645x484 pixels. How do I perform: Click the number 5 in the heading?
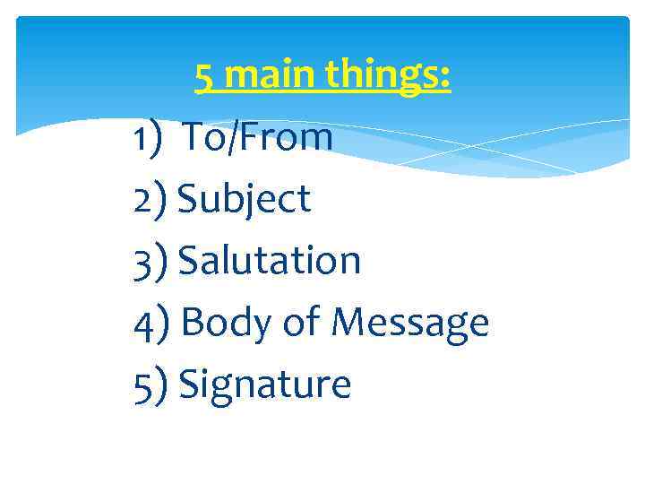204,77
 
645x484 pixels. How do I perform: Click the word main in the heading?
268,77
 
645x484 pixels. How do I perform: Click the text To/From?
258,138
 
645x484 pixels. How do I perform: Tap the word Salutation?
271,261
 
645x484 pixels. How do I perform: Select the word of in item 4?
300,323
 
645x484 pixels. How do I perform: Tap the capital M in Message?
348,323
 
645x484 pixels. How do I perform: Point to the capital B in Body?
193,323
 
